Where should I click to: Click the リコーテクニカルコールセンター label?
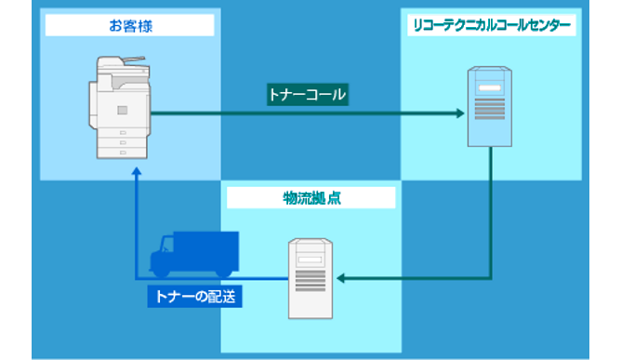pyautogui.click(x=491, y=25)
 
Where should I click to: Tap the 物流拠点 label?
pyautogui.click(x=310, y=197)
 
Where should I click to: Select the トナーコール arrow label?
pyautogui.click(x=308, y=95)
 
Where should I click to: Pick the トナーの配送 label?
pyautogui.click(x=192, y=296)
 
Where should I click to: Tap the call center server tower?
pyautogui.click(x=491, y=109)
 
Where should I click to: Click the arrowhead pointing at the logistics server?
pyautogui.click(x=341, y=278)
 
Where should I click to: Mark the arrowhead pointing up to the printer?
pyautogui.click(x=137, y=173)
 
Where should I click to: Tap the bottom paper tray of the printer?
pyautogui.click(x=121, y=152)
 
